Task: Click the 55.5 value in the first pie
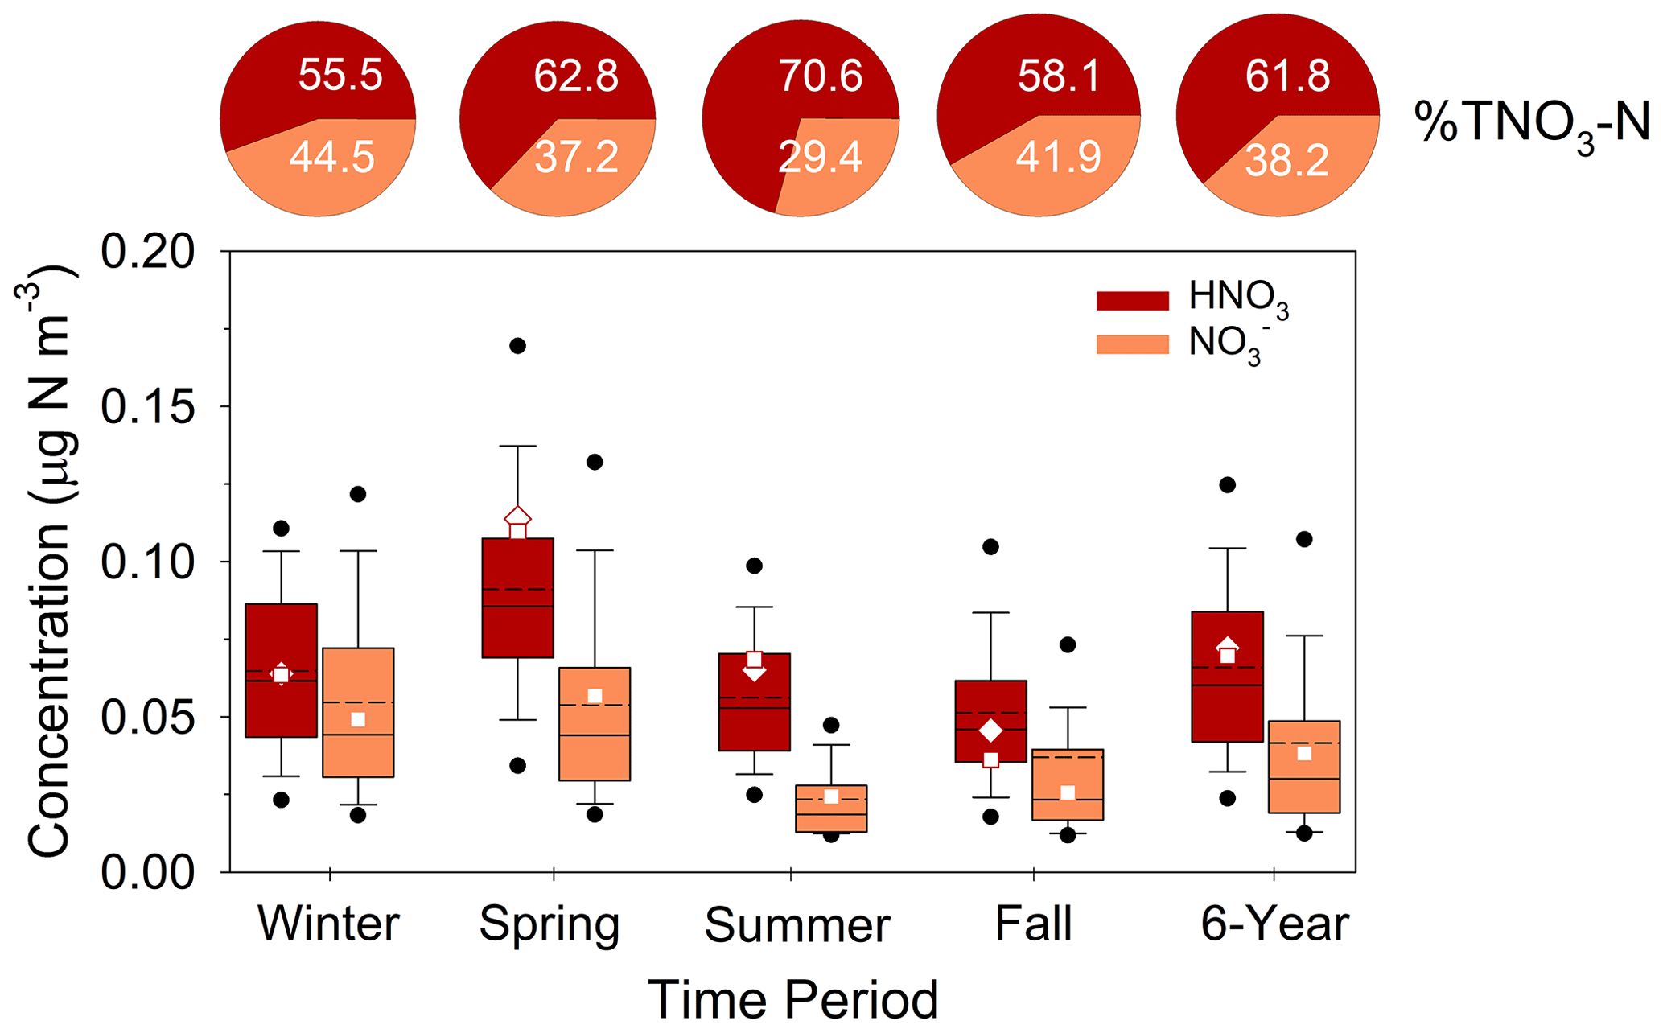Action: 340,75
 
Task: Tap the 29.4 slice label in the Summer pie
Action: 820,156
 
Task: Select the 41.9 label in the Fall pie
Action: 1058,157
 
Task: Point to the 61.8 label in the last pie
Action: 1287,75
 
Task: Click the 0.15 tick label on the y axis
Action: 136,407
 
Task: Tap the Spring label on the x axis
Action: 550,923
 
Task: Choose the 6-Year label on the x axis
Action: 1274,923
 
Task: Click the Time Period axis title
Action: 792,999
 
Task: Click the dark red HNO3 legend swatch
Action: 1132,300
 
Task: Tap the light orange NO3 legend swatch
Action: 1132,344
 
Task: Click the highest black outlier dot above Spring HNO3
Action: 518,346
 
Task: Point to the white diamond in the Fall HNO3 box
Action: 990,731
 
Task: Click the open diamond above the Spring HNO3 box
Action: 518,516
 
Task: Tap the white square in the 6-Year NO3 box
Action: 1304,753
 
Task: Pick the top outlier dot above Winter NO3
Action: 358,494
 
